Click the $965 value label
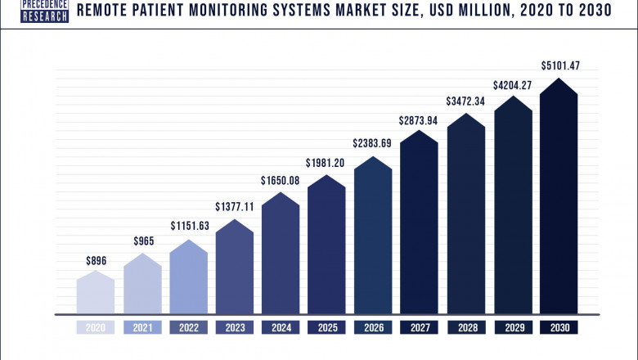click(x=142, y=242)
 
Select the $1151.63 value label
click(x=189, y=225)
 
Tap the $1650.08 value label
click(x=281, y=180)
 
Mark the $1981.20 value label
click(x=327, y=162)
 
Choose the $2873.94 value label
click(x=420, y=120)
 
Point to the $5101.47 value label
click(x=558, y=65)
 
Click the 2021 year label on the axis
click(x=142, y=327)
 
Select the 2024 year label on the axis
click(x=281, y=327)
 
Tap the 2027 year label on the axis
click(x=420, y=327)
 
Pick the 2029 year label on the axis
click(x=512, y=327)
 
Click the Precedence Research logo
click(x=44, y=11)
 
